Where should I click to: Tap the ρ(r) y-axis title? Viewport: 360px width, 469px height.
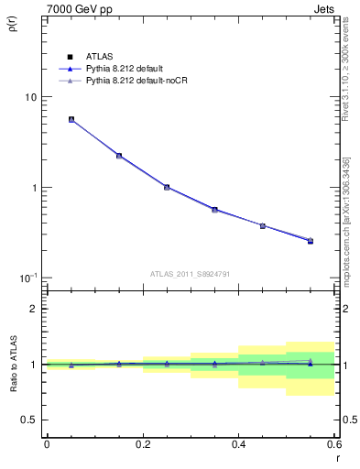13,26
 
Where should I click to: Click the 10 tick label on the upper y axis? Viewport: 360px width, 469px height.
29,97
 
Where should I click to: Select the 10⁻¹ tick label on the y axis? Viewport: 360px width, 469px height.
27,278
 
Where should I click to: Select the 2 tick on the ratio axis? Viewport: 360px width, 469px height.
33,309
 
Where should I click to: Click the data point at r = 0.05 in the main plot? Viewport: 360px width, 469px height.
71,119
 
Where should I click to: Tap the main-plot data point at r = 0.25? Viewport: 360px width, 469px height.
167,187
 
